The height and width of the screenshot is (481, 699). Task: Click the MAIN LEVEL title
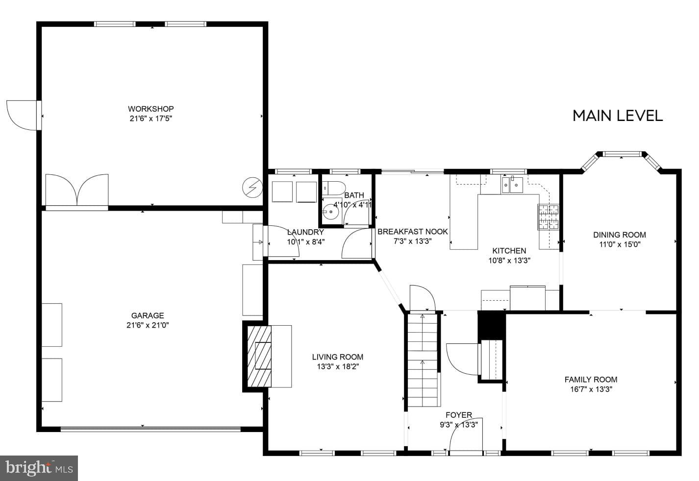[x=617, y=116]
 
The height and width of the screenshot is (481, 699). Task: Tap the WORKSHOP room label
[x=151, y=109]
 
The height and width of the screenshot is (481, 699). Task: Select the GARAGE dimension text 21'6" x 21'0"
[x=147, y=325]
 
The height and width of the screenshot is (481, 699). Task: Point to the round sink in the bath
[x=331, y=213]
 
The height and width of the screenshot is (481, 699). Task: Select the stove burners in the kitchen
[x=549, y=216]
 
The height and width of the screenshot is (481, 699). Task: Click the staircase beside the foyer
[x=423, y=360]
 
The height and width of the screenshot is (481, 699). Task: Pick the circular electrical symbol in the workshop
[x=252, y=187]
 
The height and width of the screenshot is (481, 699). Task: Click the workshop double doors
[x=77, y=191]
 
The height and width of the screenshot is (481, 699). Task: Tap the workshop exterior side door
[x=22, y=115]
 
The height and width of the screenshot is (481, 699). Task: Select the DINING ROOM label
[x=619, y=235]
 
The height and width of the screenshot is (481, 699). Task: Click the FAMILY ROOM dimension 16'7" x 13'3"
[x=591, y=389]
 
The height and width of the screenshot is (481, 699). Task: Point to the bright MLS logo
[x=39, y=468]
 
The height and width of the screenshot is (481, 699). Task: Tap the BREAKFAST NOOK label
[x=412, y=232]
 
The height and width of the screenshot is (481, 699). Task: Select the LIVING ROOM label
[x=337, y=357]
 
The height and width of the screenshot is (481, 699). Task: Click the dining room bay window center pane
[x=622, y=154]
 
